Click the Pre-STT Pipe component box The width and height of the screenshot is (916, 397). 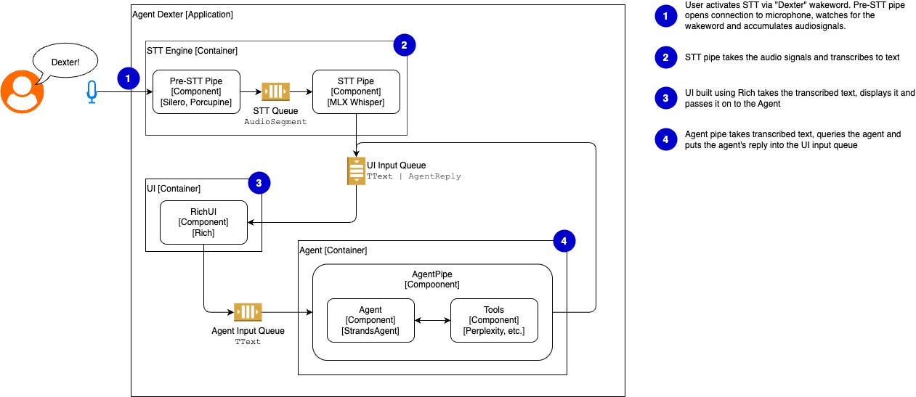point(196,91)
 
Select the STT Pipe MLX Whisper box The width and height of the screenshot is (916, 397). point(356,91)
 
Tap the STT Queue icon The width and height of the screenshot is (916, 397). point(276,91)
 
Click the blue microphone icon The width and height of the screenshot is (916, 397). point(92,92)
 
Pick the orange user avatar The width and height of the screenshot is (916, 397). point(22,91)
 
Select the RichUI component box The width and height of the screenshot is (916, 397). point(203,223)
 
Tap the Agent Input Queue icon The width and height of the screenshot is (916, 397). point(248,312)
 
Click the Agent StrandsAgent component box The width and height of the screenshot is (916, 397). point(370,320)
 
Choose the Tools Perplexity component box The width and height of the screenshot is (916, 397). point(494,320)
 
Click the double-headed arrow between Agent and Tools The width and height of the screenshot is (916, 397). point(432,320)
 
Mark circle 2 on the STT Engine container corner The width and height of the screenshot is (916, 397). point(404,45)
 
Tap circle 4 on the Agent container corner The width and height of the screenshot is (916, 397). point(564,241)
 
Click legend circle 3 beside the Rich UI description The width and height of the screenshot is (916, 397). point(665,99)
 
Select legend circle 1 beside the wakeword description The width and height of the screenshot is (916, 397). point(665,16)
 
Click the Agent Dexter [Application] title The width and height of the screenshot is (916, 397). point(183,15)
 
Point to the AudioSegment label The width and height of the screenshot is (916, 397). point(276,122)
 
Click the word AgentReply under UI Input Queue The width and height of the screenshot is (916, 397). point(435,176)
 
